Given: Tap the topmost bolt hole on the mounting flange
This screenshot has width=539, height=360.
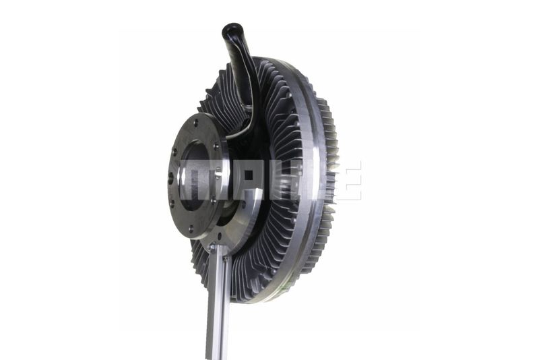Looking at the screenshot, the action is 196,121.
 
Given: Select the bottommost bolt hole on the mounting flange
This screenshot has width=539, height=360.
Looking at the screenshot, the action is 191,228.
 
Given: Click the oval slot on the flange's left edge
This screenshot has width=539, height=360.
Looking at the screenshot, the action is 171,177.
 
